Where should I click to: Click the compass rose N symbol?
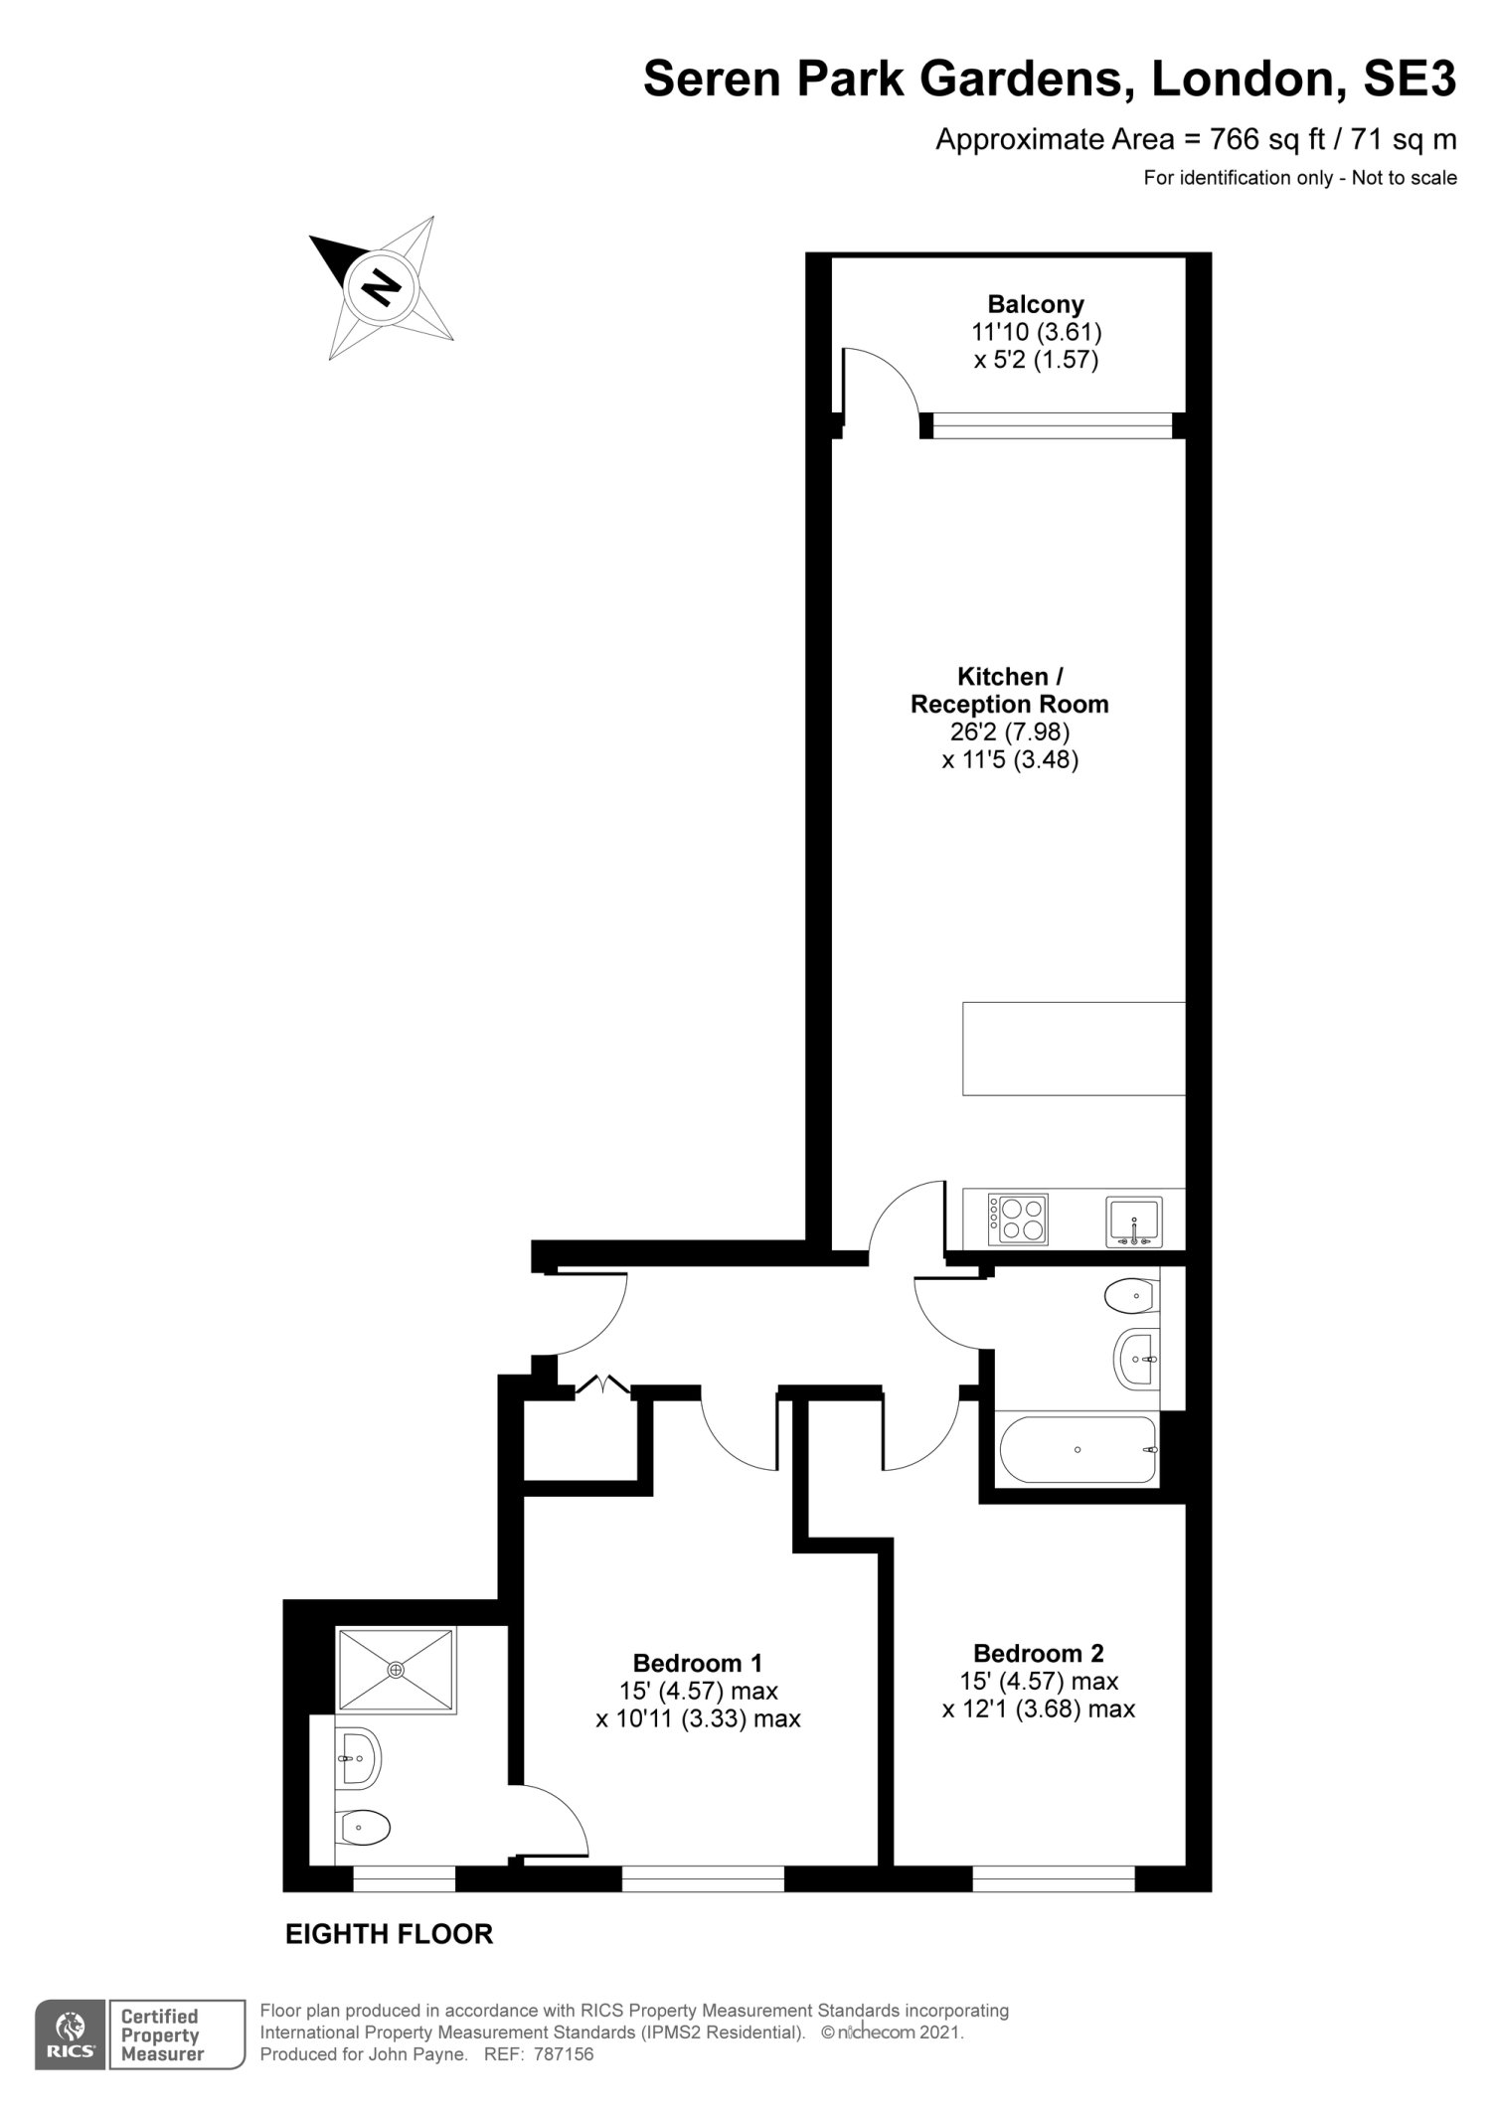pyautogui.click(x=381, y=287)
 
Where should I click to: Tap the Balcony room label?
pyautogui.click(x=1036, y=304)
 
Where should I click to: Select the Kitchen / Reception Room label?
pyautogui.click(x=1009, y=691)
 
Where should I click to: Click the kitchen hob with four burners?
pyautogui.click(x=1018, y=1220)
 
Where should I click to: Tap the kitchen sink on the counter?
pyautogui.click(x=1134, y=1221)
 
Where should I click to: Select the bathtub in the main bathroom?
pyautogui.click(x=1079, y=1450)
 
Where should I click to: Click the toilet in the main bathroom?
pyautogui.click(x=1131, y=1294)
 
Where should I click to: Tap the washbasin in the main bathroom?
pyautogui.click(x=1137, y=1358)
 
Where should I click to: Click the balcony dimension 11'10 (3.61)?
pyautogui.click(x=1037, y=332)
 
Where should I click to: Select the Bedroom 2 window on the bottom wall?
pyautogui.click(x=1054, y=1877)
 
